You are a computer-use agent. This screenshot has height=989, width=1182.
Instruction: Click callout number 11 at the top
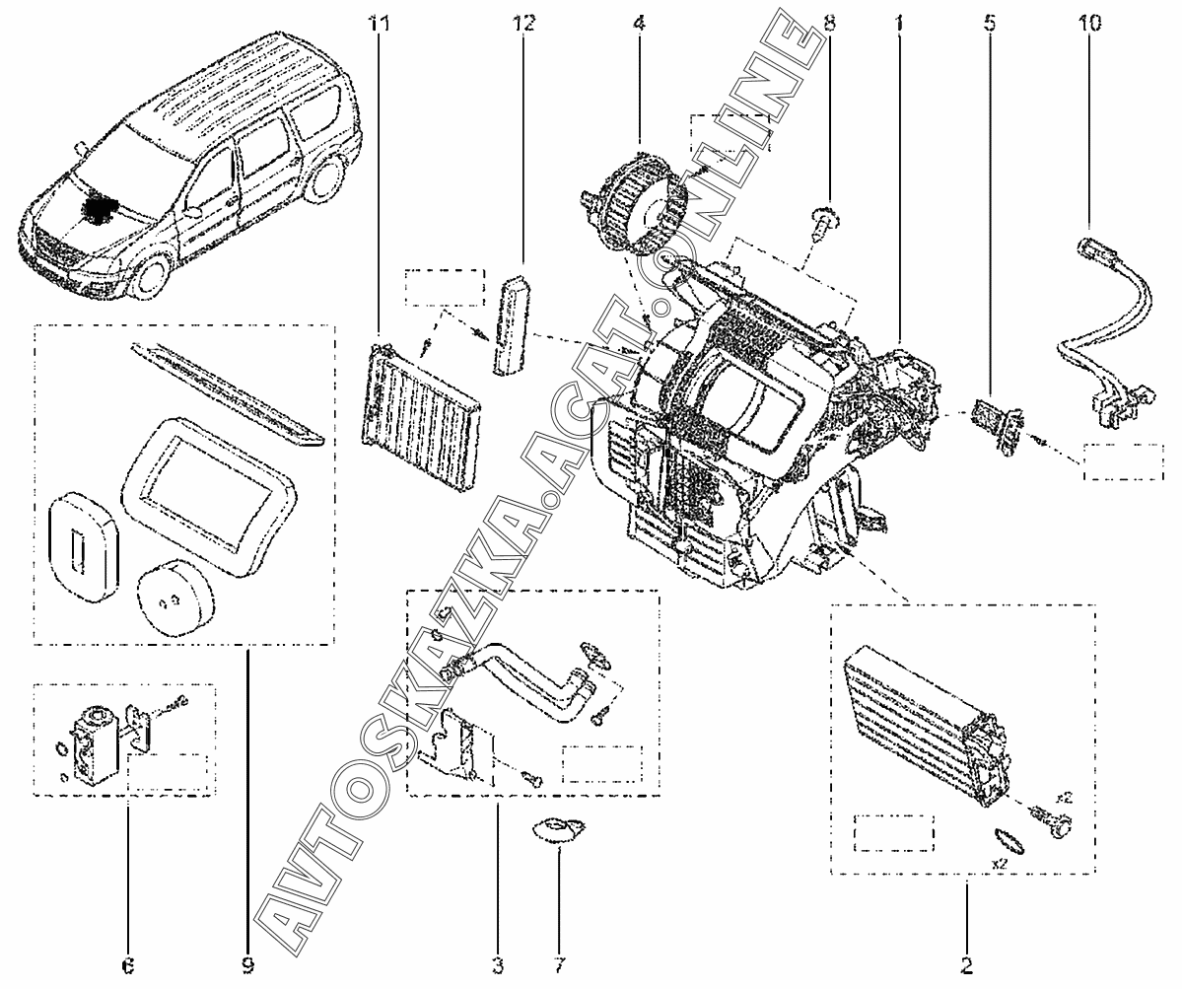(379, 22)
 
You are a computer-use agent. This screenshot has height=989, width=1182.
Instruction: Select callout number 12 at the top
(523, 22)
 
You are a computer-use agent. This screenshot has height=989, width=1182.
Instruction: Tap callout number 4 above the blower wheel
(638, 22)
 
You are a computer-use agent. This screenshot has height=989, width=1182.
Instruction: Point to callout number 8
(828, 22)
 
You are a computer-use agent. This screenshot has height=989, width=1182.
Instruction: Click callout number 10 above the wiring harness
(1089, 22)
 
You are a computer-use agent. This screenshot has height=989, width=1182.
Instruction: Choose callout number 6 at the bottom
(127, 963)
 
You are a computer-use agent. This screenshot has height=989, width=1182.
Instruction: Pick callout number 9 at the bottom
(247, 963)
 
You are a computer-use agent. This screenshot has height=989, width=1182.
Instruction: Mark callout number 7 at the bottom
(558, 963)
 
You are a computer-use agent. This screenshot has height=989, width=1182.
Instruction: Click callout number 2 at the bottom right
(966, 963)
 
